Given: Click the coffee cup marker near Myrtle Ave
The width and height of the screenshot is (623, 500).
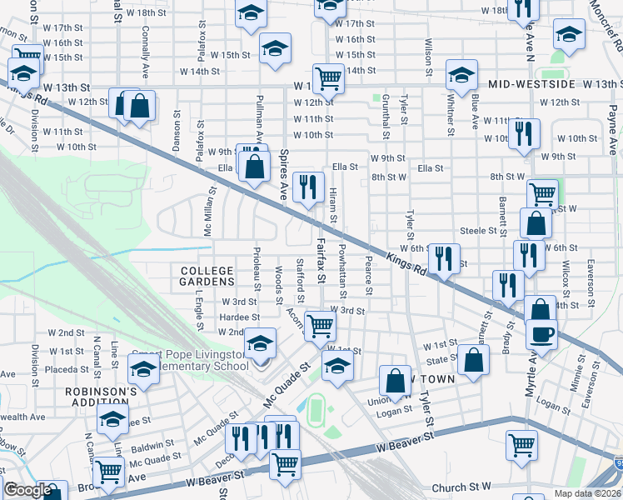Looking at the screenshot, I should [541, 335].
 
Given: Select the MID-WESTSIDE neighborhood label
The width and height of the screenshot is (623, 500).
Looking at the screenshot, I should [532, 85].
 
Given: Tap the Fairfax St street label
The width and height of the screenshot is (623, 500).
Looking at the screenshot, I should [321, 258].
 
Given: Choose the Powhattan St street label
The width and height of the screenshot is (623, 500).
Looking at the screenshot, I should [343, 269].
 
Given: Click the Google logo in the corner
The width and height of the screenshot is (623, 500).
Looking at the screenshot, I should [27, 490].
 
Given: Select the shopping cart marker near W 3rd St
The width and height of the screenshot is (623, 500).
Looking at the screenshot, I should [320, 325].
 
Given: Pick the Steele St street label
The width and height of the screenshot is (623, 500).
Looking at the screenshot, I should [478, 231].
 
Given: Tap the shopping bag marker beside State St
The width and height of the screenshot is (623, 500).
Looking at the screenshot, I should [473, 361].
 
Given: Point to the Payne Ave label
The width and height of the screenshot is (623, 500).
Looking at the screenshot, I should [612, 113].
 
